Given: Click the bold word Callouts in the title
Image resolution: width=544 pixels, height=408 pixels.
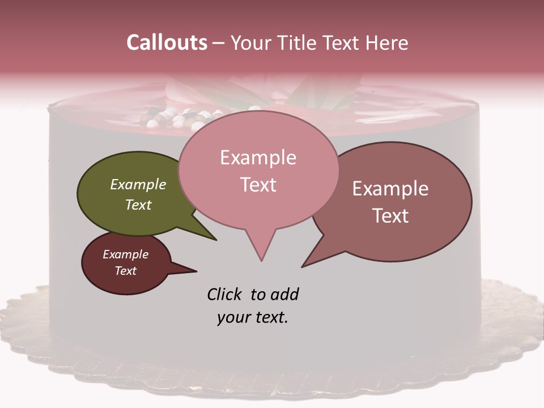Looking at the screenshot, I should coord(167,42).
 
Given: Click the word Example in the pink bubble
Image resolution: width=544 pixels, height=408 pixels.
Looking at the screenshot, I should coord(258,158).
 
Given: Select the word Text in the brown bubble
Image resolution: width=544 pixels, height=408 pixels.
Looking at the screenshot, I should coord(390,216).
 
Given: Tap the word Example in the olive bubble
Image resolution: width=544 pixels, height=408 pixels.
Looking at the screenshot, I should coord(138,184).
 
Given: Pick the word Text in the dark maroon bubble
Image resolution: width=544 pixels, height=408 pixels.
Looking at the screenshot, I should coord(126,271).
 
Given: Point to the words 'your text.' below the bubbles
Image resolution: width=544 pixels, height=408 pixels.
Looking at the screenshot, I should coord(253,317).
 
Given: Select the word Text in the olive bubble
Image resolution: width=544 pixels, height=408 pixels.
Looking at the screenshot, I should coord(138,205).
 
